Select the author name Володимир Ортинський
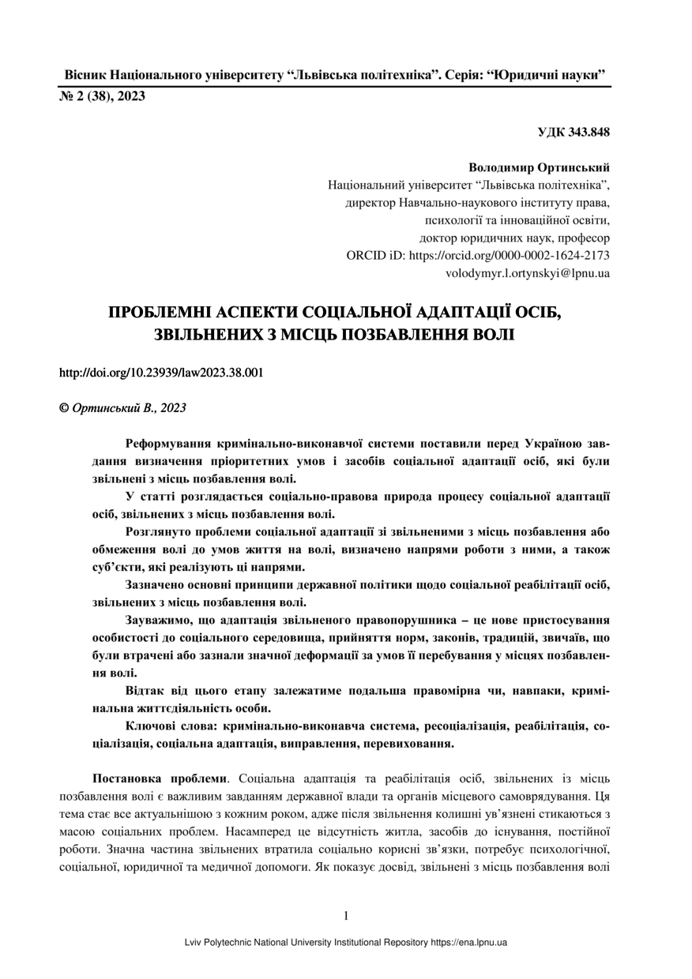click(x=539, y=168)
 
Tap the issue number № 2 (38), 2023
click(x=103, y=96)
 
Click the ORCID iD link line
click(x=478, y=255)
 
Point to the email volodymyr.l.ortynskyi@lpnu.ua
click(x=528, y=273)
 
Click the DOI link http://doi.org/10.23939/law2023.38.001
click(x=161, y=373)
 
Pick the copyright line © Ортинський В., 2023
click(x=123, y=407)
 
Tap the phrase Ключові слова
click(x=172, y=725)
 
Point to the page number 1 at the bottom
click(x=346, y=916)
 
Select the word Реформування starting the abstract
click(x=167, y=443)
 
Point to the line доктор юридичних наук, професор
click(x=514, y=237)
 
